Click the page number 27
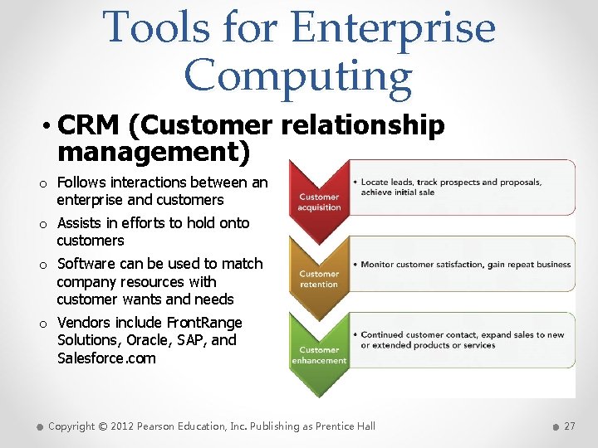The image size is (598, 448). point(569,426)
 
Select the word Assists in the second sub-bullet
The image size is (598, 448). point(78,223)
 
